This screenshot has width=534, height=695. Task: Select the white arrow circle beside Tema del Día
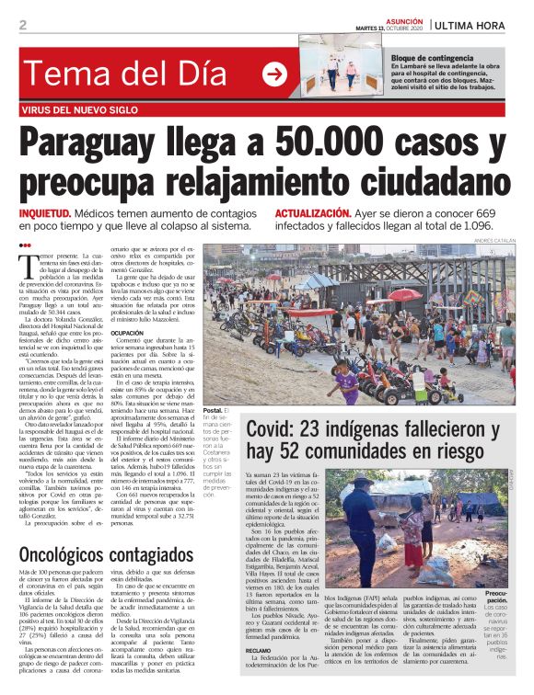273,74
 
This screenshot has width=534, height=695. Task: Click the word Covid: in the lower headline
278,428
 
